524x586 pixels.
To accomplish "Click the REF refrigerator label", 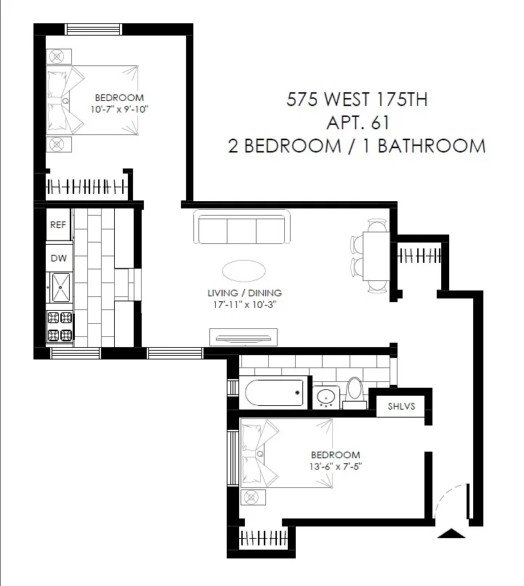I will pyautogui.click(x=58, y=225).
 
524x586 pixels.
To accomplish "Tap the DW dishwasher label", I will pyautogui.click(x=58, y=257).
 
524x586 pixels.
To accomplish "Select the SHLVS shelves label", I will pyautogui.click(x=401, y=407).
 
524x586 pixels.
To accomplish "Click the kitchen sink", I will pyautogui.click(x=60, y=287).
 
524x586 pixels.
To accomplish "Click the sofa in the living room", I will pyautogui.click(x=242, y=229).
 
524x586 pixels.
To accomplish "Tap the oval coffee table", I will pyautogui.click(x=243, y=271).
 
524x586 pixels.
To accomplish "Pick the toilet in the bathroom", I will pyautogui.click(x=355, y=388).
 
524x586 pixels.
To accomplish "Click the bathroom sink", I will pyautogui.click(x=327, y=397).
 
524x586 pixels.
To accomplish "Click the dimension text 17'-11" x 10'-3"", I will pyautogui.click(x=243, y=305).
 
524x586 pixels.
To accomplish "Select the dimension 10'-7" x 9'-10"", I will pyautogui.click(x=119, y=108).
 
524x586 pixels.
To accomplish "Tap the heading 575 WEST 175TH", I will pyautogui.click(x=357, y=99).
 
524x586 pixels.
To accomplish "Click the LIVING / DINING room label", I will pyautogui.click(x=243, y=293).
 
